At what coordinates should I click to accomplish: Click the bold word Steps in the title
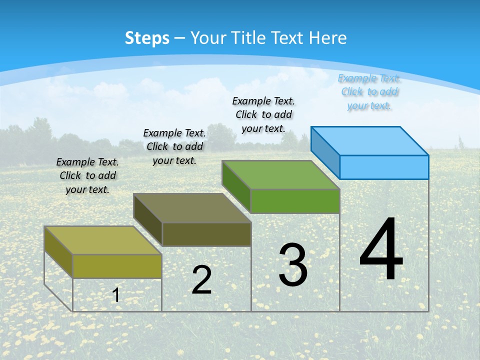coord(147,38)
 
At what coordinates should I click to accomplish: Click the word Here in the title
coord(327,38)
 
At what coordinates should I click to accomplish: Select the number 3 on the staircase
coord(293,265)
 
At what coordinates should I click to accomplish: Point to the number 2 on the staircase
coord(201,280)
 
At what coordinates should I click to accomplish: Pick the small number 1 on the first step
coord(115,295)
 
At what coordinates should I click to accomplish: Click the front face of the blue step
coord(384,167)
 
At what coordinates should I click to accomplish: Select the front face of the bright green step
coord(295,201)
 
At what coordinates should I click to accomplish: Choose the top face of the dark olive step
coord(192,208)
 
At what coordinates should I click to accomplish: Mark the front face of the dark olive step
coord(206,234)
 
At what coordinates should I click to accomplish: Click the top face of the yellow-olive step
coord(102,240)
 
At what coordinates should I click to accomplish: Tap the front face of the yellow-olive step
coord(117,266)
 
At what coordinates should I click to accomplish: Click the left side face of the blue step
coord(325,150)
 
